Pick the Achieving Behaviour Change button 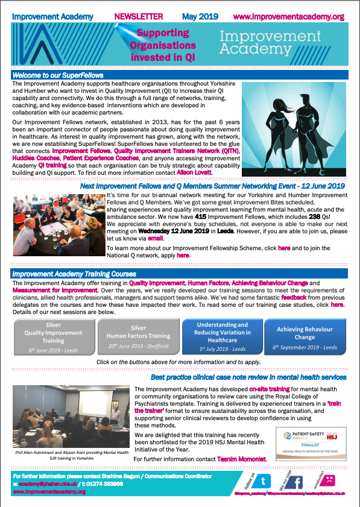305,338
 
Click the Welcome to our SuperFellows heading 58,75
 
